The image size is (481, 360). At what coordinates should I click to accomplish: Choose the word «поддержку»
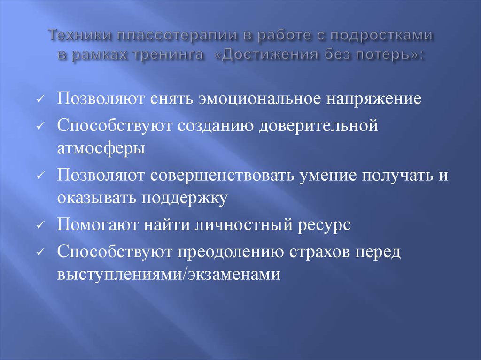pos(183,198)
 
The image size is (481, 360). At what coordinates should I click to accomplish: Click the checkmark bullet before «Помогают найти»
pos(41,226)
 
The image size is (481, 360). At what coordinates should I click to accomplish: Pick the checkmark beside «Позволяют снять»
pos(41,101)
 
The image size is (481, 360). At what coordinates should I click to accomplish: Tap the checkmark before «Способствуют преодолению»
pos(41,253)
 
